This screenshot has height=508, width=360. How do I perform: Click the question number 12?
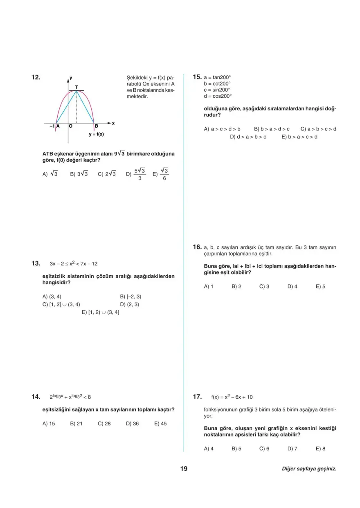pos(36,77)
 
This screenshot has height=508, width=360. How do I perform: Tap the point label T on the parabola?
pos(76,86)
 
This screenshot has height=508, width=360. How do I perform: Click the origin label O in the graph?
pos(71,126)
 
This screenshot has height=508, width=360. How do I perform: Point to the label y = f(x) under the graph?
pos(96,134)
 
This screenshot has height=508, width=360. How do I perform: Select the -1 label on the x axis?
pos(52,126)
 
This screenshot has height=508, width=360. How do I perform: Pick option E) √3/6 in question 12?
pos(161,174)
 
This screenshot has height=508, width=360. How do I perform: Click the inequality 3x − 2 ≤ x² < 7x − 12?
pos(74,264)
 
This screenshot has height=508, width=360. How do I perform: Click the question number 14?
pos(36,397)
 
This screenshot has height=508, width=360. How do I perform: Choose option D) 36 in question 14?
pos(132,424)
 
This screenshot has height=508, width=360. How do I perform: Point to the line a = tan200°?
pos(217,77)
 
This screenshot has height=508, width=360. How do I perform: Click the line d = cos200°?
pos(217,96)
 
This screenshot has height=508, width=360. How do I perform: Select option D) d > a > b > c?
pos(248,137)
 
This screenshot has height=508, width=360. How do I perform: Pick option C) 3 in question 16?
pos(264,287)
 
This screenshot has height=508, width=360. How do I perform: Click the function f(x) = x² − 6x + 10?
pos(232,397)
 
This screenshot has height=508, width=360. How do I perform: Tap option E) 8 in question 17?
pos(321,449)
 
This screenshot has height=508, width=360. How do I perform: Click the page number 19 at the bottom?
pos(184,469)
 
